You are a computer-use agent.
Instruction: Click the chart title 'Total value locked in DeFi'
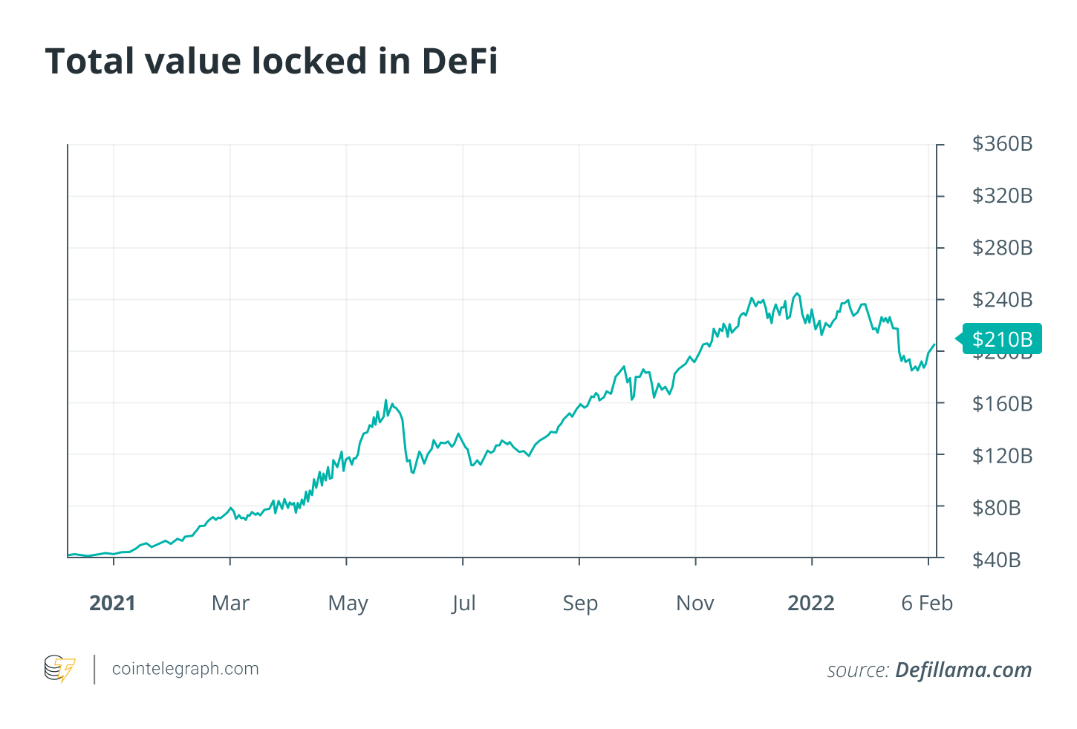pyautogui.click(x=271, y=61)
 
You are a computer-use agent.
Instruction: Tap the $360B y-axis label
pyautogui.click(x=1002, y=144)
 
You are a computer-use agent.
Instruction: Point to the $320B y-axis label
pyautogui.click(x=1002, y=196)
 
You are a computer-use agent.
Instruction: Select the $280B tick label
pyautogui.click(x=1002, y=248)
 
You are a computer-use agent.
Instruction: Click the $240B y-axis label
pyautogui.click(x=1002, y=300)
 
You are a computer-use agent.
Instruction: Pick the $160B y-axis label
pyautogui.click(x=1002, y=404)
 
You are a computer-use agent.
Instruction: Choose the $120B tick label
pyautogui.click(x=1002, y=456)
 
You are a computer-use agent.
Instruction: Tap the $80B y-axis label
pyautogui.click(x=996, y=508)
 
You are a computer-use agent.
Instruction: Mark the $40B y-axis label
pyautogui.click(x=996, y=560)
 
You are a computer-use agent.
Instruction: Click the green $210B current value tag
pyautogui.click(x=1002, y=339)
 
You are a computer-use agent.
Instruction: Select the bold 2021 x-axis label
pyautogui.click(x=112, y=603)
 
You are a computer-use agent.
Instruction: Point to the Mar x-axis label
pyautogui.click(x=230, y=603)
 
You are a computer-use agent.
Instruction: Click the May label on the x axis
pyautogui.click(x=348, y=603)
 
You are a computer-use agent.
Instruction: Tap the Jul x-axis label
pyautogui.click(x=463, y=603)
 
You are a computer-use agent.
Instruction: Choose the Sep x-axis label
pyautogui.click(x=580, y=603)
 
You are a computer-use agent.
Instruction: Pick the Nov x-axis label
pyautogui.click(x=695, y=603)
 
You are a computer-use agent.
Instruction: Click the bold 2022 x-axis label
pyautogui.click(x=811, y=603)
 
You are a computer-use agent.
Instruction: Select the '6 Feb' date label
pyautogui.click(x=927, y=603)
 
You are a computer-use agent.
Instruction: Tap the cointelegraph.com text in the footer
pyautogui.click(x=185, y=669)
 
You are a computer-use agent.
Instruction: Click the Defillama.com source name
pyautogui.click(x=963, y=670)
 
